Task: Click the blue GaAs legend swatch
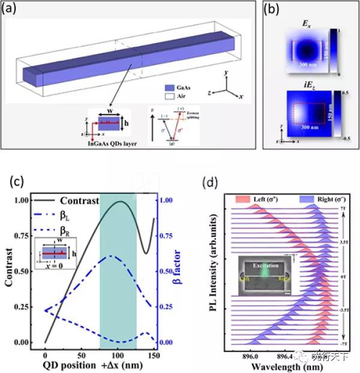pos(169,86)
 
